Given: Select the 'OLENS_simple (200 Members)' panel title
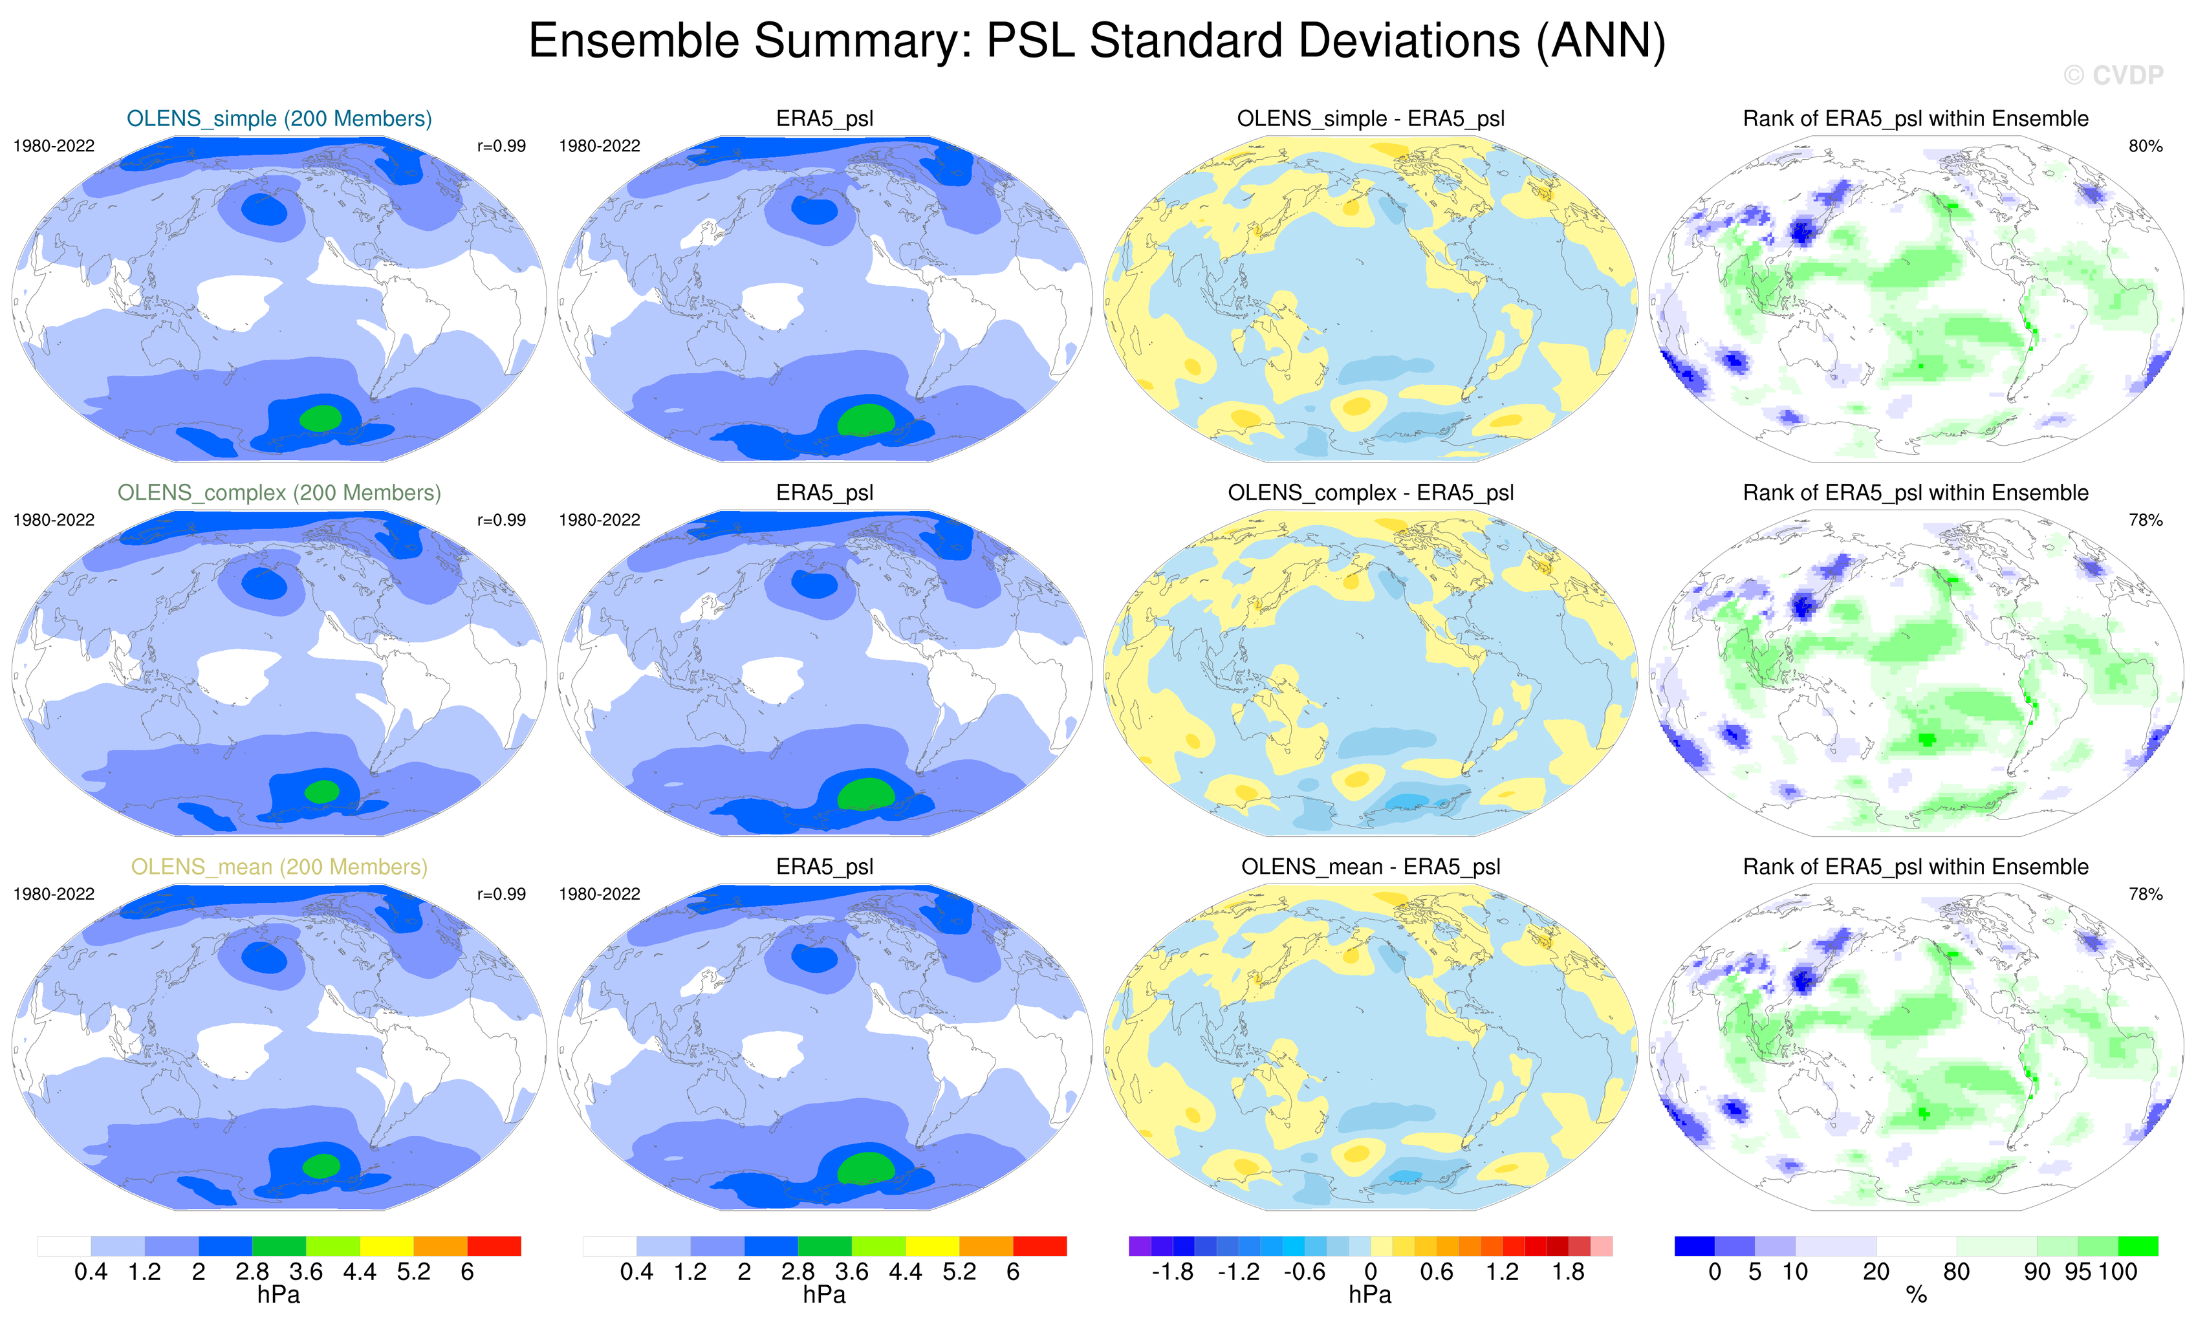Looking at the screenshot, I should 279,118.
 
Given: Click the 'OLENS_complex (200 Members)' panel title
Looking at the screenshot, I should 279,493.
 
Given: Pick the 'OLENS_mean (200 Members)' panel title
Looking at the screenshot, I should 279,867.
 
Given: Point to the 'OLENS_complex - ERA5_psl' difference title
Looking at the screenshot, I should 1371,493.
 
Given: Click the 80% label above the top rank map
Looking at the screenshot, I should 2145,146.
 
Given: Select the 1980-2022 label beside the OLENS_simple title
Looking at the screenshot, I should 54,146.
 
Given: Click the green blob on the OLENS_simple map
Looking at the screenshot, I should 321,418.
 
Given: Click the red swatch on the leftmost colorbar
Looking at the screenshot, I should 494,1246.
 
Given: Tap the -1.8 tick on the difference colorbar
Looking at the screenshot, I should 1172,1272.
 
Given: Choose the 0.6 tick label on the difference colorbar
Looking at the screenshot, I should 1437,1272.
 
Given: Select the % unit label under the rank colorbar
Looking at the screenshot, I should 1916,1296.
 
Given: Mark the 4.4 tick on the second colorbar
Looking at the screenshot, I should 906,1272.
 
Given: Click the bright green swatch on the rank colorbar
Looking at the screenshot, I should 2137,1246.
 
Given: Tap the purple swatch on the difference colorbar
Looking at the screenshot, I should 1139,1246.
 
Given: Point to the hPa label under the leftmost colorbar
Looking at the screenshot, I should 279,1295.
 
